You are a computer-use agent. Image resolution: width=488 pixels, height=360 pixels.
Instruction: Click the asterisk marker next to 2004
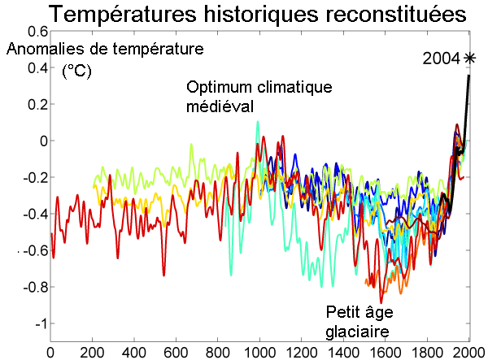(x=469, y=58)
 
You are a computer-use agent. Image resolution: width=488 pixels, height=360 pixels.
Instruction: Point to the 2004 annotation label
(x=441, y=58)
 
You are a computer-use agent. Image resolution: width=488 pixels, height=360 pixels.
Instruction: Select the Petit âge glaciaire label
(x=357, y=321)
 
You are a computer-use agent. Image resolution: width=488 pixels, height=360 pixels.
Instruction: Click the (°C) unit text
(x=78, y=72)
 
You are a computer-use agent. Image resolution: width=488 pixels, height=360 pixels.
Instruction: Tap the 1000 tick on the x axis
(x=259, y=352)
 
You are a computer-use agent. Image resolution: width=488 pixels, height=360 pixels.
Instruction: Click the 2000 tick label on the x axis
(x=468, y=352)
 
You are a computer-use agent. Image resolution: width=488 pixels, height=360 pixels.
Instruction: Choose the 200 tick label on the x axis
(x=93, y=352)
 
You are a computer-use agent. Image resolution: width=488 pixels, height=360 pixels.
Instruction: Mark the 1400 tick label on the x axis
(x=343, y=352)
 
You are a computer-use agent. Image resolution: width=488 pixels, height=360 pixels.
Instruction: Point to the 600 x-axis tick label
(x=176, y=352)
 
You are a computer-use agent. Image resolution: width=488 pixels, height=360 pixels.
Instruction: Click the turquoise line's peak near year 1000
(x=258, y=122)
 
